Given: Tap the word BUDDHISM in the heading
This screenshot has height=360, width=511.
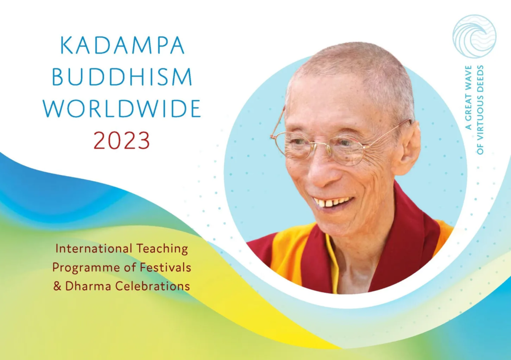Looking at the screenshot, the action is [122, 77].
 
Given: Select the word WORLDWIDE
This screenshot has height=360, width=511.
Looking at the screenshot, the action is [122, 109].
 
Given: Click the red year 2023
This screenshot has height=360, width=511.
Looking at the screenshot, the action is [122, 140].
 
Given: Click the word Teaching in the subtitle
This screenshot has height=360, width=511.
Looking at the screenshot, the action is [162, 249].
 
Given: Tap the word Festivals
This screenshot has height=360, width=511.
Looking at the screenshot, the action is [165, 267].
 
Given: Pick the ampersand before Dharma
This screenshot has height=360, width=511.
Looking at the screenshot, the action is [58, 286].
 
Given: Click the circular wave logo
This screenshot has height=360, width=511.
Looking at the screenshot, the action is [474, 37].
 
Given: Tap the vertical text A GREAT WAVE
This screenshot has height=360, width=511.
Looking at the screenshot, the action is [468, 98].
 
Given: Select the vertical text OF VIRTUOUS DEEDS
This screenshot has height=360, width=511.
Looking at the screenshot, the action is [480, 110].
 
